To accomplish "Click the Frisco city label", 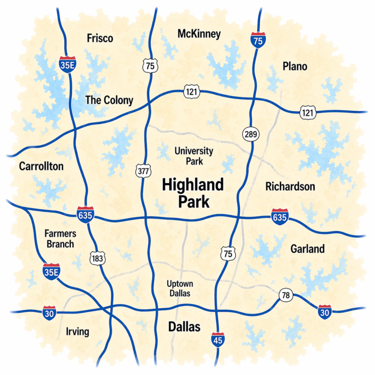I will (x=100, y=38).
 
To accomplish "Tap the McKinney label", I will (x=199, y=34).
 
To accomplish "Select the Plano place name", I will (x=295, y=66).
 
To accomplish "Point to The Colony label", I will (x=109, y=100).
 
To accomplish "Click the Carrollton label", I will (x=42, y=166).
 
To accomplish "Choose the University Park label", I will (x=194, y=155).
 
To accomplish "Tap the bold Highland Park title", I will (x=192, y=192).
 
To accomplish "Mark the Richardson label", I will (x=290, y=186).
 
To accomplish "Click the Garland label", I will (x=308, y=249).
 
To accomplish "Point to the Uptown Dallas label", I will (x=179, y=289).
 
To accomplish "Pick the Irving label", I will (x=77, y=332).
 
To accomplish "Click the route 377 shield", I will (x=143, y=171).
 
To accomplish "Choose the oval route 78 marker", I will (x=286, y=295).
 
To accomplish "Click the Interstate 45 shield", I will (x=218, y=340).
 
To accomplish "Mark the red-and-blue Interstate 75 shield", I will (x=258, y=41).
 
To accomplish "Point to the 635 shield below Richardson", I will (x=280, y=215).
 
